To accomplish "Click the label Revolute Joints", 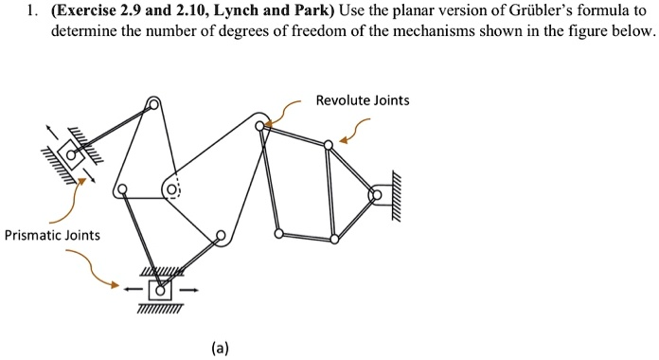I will pyautogui.click(x=363, y=99).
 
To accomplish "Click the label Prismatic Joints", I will pyautogui.click(x=52, y=234).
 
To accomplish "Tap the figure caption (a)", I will pyautogui.click(x=220, y=348).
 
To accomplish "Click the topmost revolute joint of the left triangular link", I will pyautogui.click(x=154, y=104).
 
